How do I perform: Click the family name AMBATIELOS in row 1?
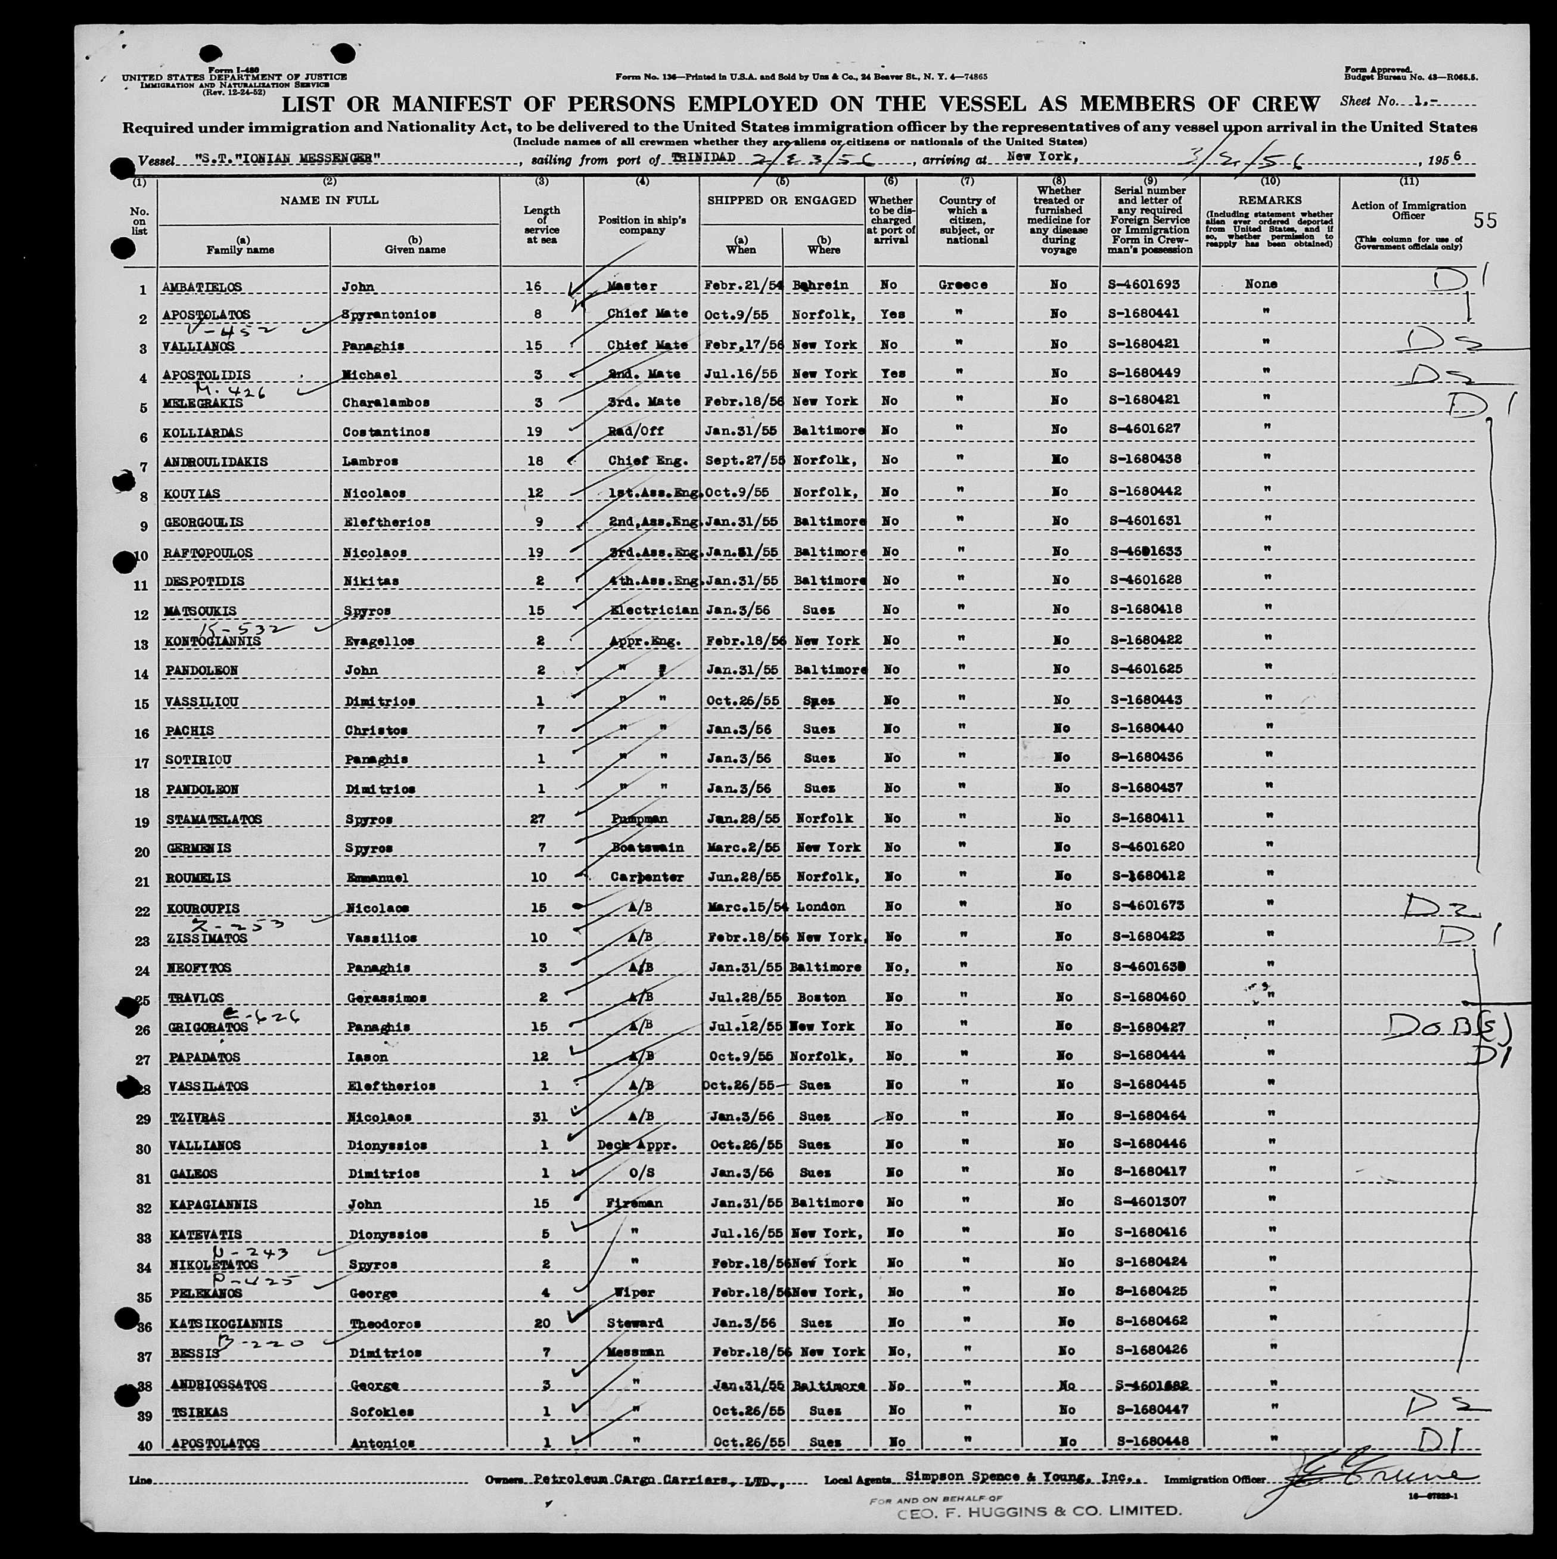pos(201,287)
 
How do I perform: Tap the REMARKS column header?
pos(1270,199)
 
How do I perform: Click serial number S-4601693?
pos(1149,285)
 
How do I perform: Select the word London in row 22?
pos(820,906)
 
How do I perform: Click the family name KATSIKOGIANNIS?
pos(226,1324)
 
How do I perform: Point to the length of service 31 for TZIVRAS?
pos(540,1117)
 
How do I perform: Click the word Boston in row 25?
pos(821,998)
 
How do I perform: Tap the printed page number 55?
pos(1484,221)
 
